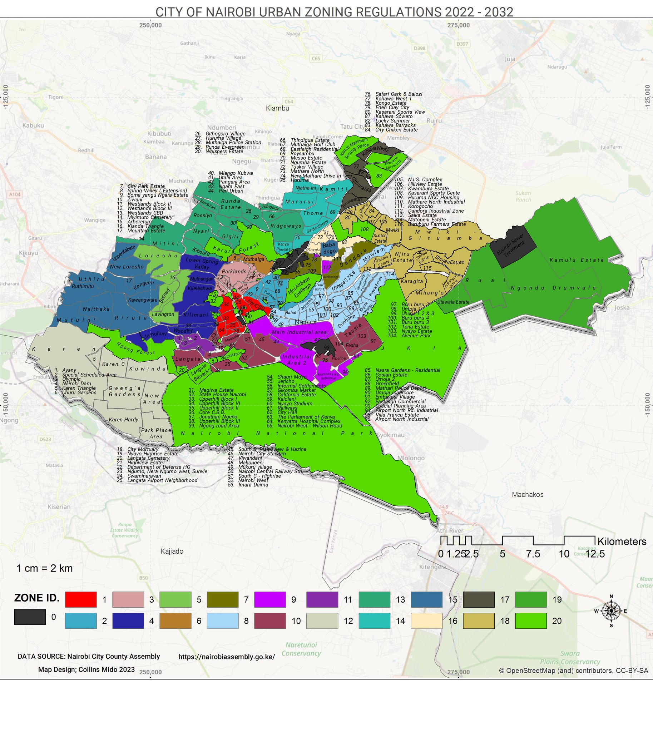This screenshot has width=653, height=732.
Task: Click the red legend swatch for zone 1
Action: click(x=81, y=600)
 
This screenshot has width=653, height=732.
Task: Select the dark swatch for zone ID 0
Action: click(x=30, y=617)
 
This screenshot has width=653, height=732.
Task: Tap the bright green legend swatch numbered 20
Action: click(x=531, y=621)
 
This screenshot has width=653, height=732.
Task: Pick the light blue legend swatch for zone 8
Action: click(x=222, y=621)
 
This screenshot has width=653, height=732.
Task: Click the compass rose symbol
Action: click(x=611, y=611)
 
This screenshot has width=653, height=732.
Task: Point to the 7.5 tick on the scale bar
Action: click(x=533, y=554)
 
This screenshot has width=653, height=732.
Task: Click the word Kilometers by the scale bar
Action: click(x=622, y=541)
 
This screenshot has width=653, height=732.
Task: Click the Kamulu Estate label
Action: click(x=577, y=260)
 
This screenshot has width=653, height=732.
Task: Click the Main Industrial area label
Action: click(x=299, y=332)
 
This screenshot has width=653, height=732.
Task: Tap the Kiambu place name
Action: click(x=277, y=108)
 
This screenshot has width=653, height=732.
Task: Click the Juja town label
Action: click(x=509, y=59)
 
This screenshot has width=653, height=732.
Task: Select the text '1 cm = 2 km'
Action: click(x=44, y=568)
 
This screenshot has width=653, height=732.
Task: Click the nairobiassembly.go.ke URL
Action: click(x=226, y=657)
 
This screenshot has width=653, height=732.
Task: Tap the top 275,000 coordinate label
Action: click(x=459, y=25)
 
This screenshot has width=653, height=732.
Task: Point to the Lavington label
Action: click(x=163, y=314)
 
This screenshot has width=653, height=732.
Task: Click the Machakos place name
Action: click(x=528, y=494)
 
